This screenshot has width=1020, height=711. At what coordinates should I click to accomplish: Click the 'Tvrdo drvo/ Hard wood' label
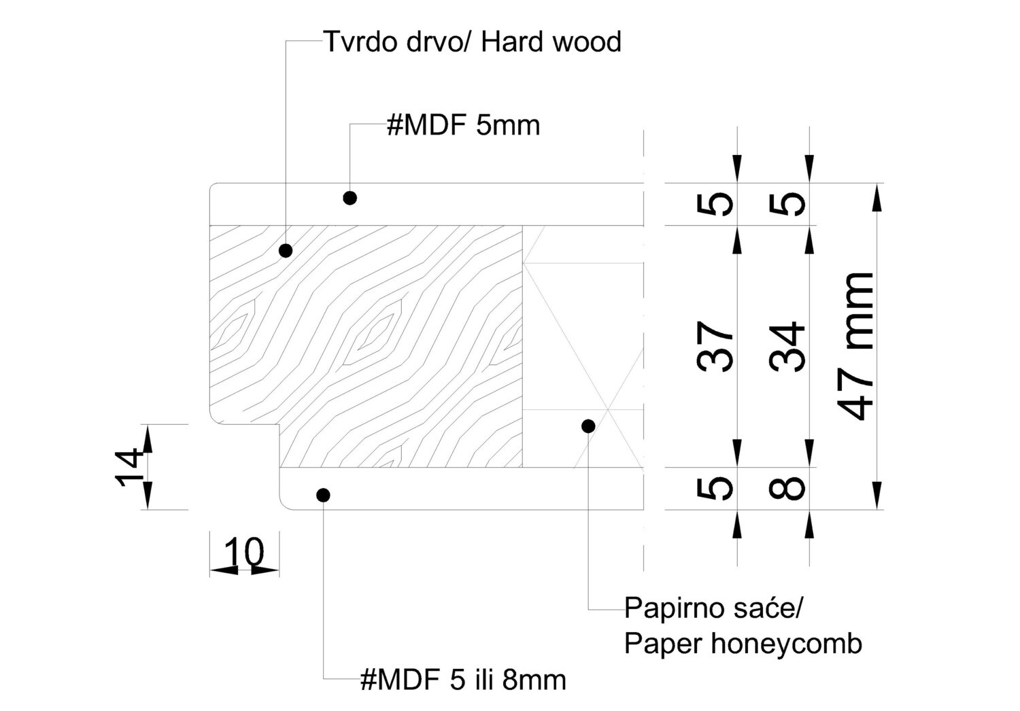(x=472, y=42)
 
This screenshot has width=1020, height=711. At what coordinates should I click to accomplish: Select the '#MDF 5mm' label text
(x=463, y=126)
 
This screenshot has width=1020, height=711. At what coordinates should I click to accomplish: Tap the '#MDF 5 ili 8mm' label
(x=463, y=679)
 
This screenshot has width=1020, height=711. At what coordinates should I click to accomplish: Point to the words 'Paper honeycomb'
(x=743, y=643)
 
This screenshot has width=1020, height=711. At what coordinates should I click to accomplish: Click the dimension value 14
(x=129, y=467)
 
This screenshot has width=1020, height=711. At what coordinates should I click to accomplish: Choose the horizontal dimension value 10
(x=243, y=551)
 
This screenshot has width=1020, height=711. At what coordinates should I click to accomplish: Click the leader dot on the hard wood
(x=286, y=251)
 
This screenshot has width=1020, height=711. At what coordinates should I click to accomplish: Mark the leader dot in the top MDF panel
(x=350, y=198)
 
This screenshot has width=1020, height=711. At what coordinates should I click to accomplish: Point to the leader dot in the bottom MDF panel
(x=324, y=495)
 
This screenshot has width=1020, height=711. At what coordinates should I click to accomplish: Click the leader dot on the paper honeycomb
(x=589, y=426)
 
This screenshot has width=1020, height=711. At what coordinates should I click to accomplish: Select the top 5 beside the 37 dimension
(x=716, y=204)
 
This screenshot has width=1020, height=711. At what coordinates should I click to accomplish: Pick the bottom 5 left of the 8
(x=716, y=487)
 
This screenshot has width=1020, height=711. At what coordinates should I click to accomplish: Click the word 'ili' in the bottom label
(x=483, y=679)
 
